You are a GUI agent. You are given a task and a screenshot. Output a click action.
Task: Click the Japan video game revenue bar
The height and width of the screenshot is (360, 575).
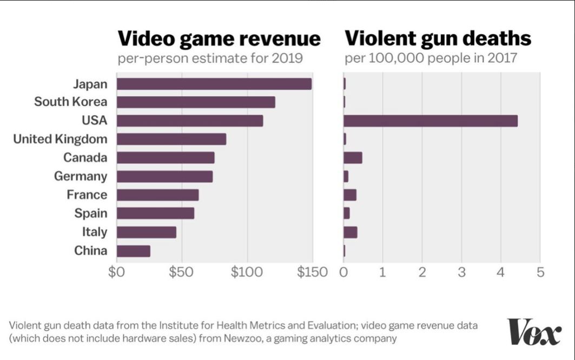coord(214,84)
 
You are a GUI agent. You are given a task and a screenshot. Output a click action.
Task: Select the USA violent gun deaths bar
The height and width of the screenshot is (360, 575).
coord(430,121)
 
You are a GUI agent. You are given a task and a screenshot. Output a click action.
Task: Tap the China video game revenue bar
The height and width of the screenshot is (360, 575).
coord(133,251)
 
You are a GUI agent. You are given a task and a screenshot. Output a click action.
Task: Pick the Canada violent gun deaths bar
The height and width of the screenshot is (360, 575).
coord(353,158)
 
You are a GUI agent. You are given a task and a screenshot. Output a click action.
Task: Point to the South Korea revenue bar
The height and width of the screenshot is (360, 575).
coord(196,102)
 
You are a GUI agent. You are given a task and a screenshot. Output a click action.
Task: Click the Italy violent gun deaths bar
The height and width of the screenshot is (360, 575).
coord(350,232)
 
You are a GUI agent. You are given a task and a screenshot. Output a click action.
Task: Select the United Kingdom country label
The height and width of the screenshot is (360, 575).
coord(60,139)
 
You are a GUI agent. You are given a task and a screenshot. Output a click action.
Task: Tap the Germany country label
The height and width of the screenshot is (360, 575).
coord(81,176)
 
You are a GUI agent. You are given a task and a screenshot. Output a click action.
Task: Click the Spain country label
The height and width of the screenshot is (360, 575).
coord(91,214)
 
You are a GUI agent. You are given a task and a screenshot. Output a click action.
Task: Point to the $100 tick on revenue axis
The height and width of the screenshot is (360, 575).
coord(247,271)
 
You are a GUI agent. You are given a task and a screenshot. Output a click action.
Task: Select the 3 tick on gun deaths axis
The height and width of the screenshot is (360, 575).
coord(461,271)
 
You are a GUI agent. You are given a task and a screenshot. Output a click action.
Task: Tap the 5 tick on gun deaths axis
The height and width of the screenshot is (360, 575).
coord(540,271)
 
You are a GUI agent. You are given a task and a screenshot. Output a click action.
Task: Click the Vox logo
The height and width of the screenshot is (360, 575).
coord(534,331)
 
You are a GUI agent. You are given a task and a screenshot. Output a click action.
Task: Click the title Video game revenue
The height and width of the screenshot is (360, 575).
coord(219,38)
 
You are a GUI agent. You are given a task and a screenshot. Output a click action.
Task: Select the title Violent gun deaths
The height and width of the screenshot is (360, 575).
coord(438,38)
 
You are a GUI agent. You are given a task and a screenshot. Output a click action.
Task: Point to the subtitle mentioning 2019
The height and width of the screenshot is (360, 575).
coord(210,58)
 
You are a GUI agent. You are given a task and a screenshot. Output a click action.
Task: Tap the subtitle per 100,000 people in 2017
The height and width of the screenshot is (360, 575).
coord(431,58)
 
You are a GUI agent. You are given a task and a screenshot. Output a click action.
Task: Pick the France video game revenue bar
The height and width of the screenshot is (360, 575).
coord(157,195)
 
